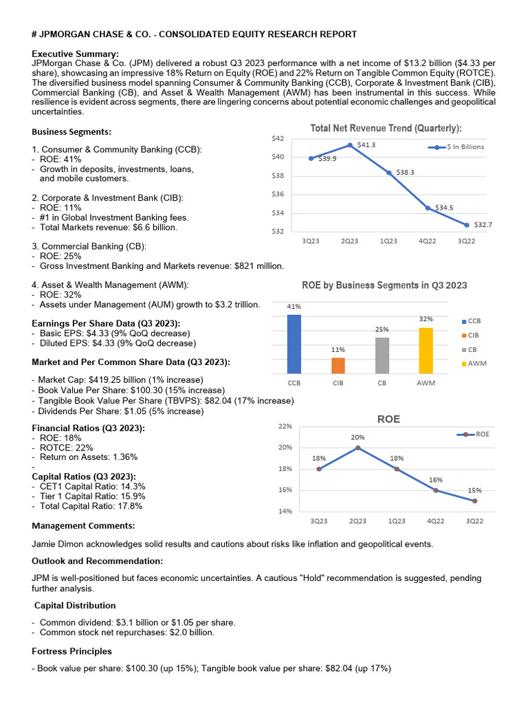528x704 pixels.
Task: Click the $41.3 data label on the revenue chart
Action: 366,145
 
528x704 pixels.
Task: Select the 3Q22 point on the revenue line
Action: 466,225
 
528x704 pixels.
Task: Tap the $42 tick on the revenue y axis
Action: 278,138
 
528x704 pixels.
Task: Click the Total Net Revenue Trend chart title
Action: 386,128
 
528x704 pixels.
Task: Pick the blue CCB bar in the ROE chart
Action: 294,344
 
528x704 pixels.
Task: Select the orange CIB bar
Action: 338,365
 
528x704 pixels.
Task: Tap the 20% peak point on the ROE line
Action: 357,448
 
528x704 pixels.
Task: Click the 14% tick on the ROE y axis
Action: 285,511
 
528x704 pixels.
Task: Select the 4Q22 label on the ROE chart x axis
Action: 435,522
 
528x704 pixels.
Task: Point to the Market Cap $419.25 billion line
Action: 120,379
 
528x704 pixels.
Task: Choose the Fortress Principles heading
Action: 72,650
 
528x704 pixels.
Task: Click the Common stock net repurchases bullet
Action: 127,632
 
